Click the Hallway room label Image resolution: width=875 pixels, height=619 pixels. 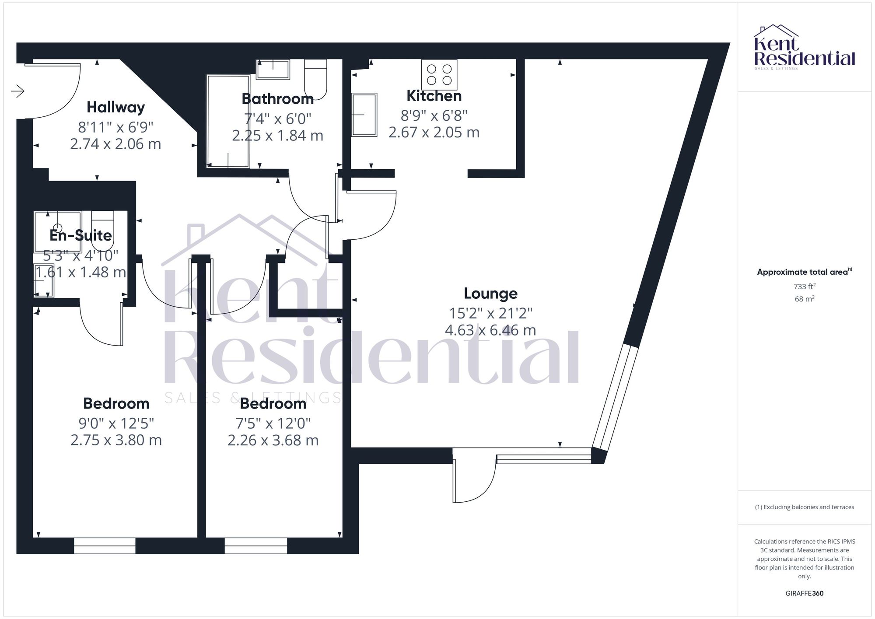tap(115, 107)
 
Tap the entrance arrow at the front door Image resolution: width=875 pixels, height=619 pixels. tap(17, 91)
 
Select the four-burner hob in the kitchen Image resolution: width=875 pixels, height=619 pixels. tap(439, 75)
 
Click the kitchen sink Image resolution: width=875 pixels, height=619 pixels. tap(364, 115)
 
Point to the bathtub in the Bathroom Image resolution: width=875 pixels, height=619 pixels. tap(228, 121)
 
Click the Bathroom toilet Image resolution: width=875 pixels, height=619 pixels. tap(315, 79)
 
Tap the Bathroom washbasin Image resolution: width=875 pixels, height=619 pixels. tap(273, 70)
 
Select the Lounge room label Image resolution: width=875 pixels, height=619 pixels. tap(490, 294)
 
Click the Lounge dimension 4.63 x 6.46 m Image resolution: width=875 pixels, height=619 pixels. tap(490, 330)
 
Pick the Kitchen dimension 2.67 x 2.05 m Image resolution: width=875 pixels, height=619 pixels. tap(434, 133)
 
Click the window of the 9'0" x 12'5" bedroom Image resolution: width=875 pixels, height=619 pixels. tap(105, 546)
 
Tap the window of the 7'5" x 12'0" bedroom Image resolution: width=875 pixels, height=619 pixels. tap(256, 546)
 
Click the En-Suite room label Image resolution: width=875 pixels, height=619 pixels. tap(80, 235)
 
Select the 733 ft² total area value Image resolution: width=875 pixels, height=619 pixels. tap(805, 287)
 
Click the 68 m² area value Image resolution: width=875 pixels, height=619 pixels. tap(805, 299)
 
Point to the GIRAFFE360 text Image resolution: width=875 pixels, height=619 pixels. tap(805, 594)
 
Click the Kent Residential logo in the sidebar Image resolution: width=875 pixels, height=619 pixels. tap(805, 48)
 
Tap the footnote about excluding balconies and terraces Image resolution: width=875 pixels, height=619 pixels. tap(805, 507)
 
